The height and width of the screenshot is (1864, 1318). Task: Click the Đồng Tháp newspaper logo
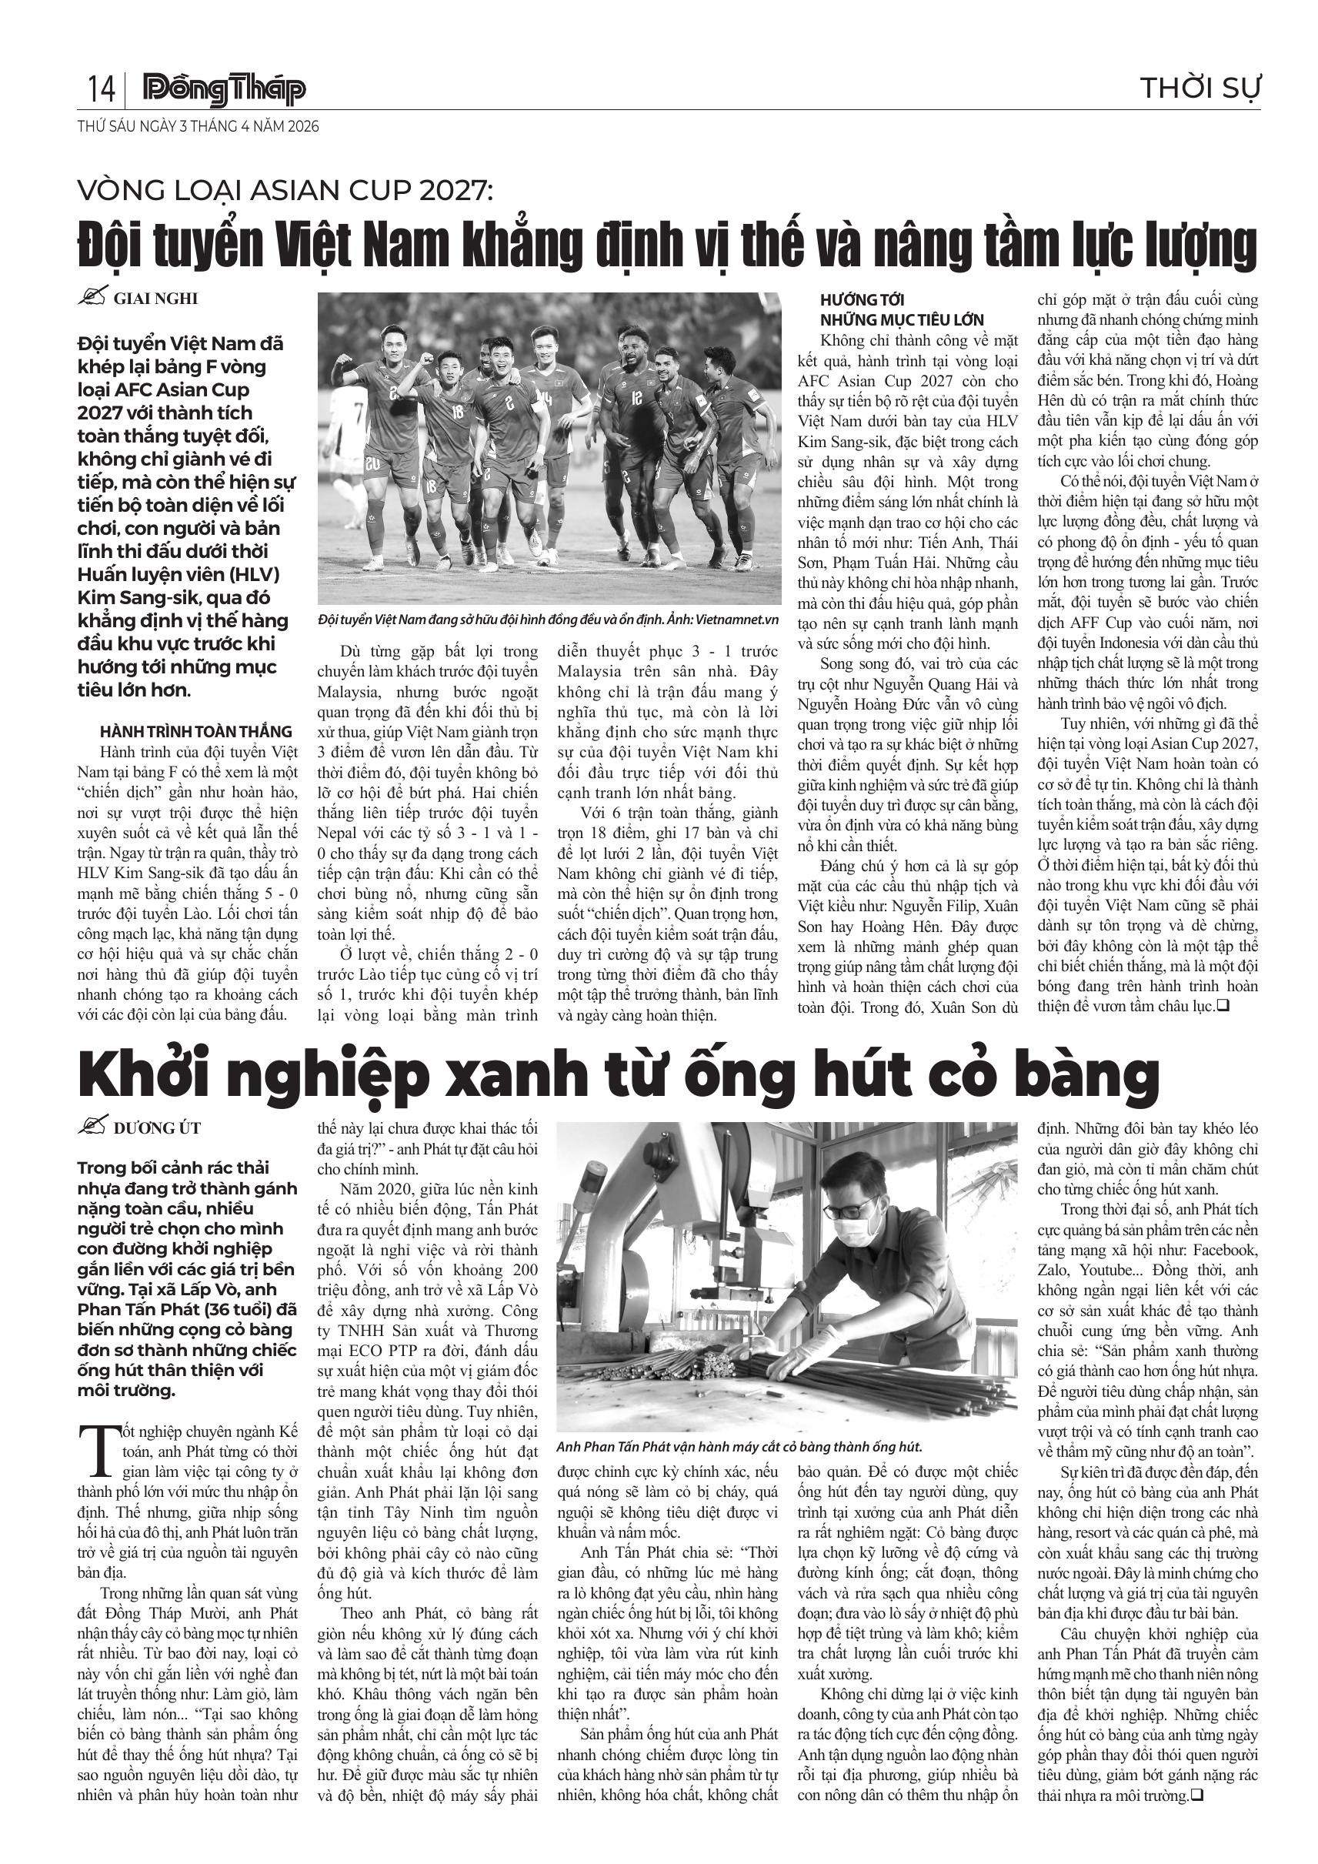(x=224, y=90)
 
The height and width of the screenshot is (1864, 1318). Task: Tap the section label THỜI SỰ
(x=1200, y=88)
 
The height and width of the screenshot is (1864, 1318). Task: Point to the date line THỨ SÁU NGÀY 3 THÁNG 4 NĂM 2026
(x=198, y=127)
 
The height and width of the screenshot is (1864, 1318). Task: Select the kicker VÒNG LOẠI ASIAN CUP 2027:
(x=285, y=192)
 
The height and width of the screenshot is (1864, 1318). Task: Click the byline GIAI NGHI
(x=155, y=298)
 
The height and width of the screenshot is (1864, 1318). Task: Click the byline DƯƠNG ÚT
(x=157, y=1127)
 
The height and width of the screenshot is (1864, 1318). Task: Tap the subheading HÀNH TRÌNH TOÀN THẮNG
(x=195, y=731)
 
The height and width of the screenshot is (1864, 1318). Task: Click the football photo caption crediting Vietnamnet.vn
(x=549, y=620)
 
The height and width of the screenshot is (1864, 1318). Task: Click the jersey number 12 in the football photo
(x=636, y=399)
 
